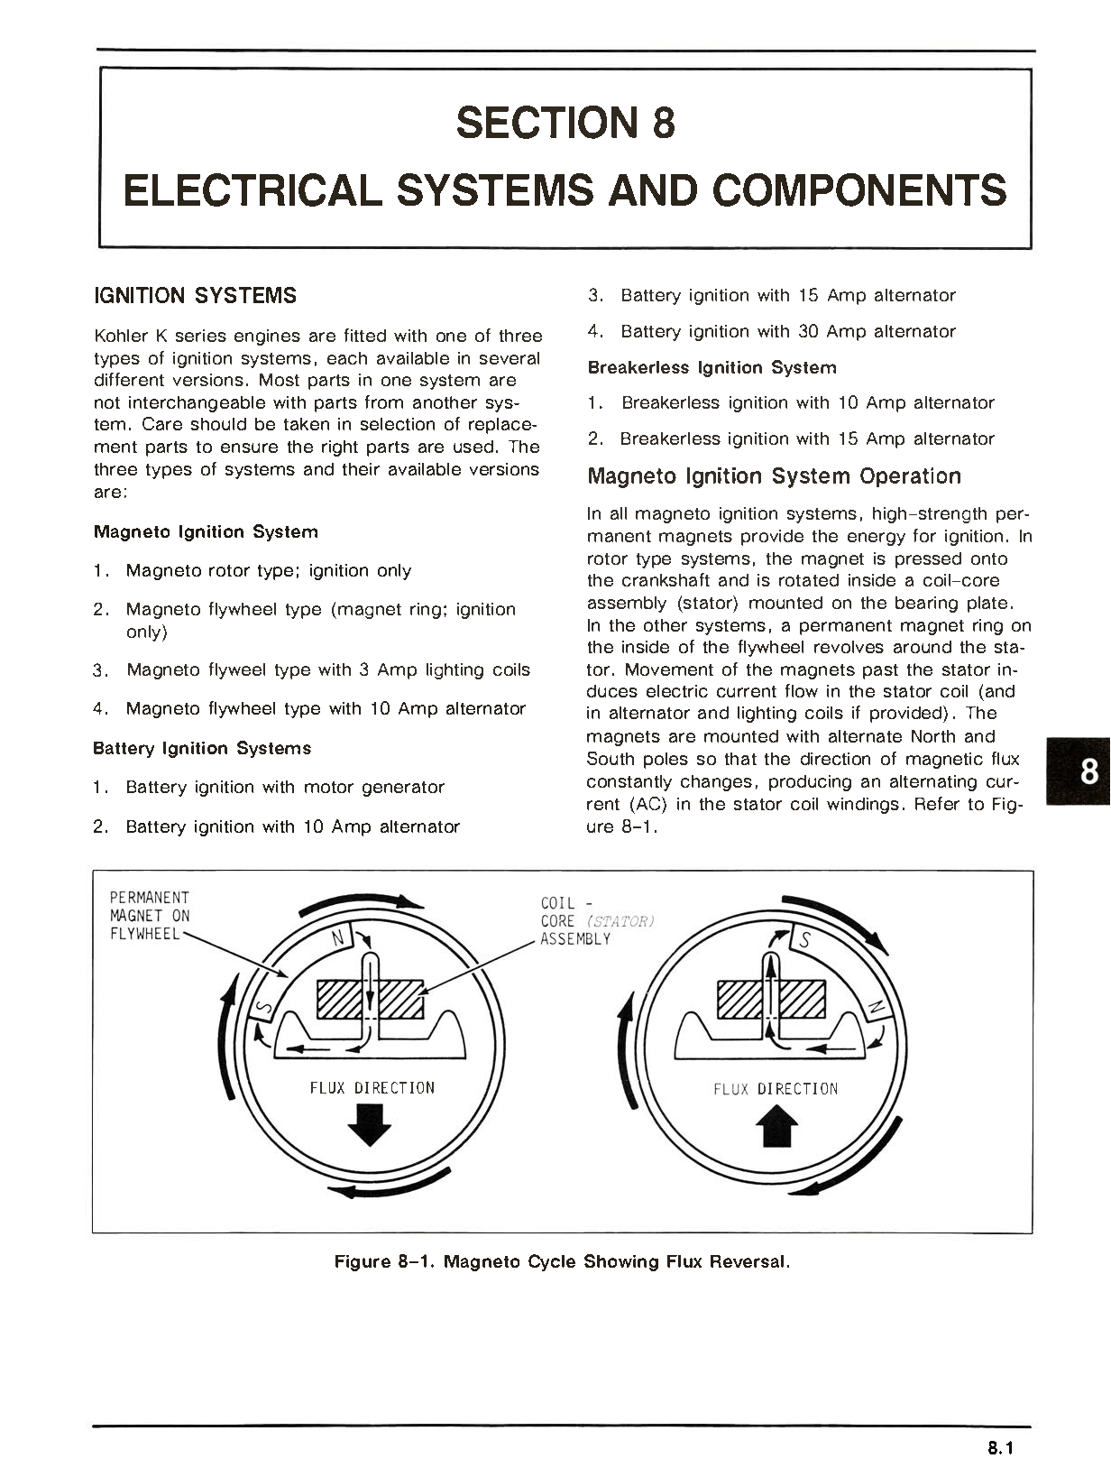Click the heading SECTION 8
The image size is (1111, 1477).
click(565, 123)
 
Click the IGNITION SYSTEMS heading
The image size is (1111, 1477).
click(195, 296)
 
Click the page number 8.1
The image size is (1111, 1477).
click(1000, 1449)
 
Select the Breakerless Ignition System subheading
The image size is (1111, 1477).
click(712, 368)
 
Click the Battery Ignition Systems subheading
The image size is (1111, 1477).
click(202, 749)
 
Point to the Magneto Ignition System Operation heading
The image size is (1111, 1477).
click(774, 476)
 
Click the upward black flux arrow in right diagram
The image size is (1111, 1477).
click(776, 1127)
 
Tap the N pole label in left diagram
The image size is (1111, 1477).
click(338, 939)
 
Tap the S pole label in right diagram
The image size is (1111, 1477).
click(805, 942)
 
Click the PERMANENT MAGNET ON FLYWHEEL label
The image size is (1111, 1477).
click(150, 916)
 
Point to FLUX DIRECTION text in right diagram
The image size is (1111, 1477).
click(776, 1089)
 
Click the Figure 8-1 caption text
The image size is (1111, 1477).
click(562, 1261)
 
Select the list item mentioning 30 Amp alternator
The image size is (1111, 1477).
click(787, 332)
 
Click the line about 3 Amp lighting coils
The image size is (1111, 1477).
click(327, 670)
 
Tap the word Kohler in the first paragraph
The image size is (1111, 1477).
click(121, 337)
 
